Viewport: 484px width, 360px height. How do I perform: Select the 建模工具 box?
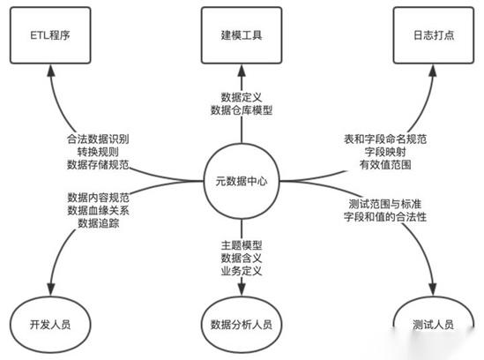tap(242, 36)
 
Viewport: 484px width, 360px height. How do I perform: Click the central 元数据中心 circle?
tap(242, 182)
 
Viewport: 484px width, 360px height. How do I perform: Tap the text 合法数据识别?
tap(97, 139)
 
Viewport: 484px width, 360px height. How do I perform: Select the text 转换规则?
tap(97, 152)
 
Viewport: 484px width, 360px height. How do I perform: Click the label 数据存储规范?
tap(97, 165)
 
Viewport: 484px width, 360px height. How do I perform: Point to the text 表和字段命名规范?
tap(385, 139)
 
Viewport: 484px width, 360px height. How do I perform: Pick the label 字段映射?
tap(385, 152)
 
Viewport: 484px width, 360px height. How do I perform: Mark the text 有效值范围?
tap(385, 165)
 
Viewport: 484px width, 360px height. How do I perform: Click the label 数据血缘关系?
tap(97, 210)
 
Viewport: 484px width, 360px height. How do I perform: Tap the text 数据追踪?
tap(97, 224)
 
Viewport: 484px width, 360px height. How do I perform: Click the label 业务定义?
tap(242, 271)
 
